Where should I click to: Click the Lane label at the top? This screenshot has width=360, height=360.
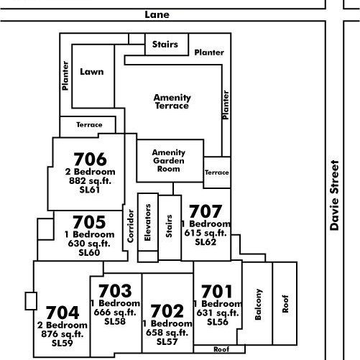(157, 15)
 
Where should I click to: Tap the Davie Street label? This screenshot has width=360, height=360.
(334, 195)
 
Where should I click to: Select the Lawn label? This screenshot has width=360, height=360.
(92, 72)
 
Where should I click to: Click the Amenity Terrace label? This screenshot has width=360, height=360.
(172, 101)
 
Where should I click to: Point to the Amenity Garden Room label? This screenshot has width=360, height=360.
(169, 160)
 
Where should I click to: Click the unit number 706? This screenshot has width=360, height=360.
(90, 160)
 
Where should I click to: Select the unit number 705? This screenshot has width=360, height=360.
(89, 222)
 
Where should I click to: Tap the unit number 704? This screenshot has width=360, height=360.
(63, 313)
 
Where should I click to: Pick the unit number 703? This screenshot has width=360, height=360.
(115, 290)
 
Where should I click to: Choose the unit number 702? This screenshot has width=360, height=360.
(167, 310)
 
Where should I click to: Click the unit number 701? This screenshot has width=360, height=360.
(217, 291)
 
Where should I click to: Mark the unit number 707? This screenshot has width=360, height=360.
(206, 211)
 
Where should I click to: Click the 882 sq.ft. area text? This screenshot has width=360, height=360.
(90, 181)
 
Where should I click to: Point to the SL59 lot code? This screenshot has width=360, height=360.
(63, 343)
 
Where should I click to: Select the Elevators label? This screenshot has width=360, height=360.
(147, 223)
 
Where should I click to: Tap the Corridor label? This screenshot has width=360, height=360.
(131, 226)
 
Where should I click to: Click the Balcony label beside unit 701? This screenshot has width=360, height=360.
(258, 305)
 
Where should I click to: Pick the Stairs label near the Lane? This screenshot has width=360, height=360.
(165, 45)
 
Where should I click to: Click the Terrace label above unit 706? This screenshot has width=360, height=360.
(89, 124)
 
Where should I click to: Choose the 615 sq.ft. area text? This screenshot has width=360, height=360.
(206, 233)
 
